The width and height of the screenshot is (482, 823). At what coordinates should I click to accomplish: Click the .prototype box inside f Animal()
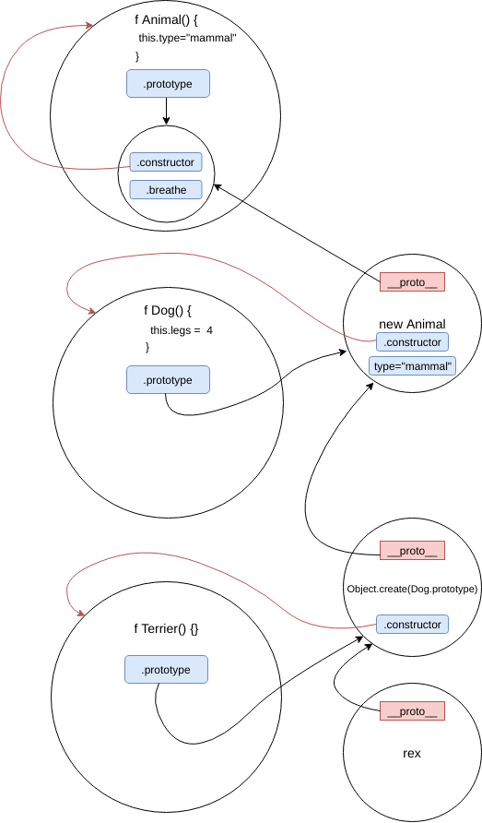(168, 84)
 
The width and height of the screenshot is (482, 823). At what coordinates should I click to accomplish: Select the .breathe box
(165, 190)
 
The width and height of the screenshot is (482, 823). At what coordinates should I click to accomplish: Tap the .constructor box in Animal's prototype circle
(166, 162)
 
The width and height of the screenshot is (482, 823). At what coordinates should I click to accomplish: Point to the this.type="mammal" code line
(187, 39)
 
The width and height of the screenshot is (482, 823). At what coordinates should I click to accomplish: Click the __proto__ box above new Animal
(412, 282)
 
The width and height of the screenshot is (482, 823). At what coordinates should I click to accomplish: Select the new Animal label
(412, 324)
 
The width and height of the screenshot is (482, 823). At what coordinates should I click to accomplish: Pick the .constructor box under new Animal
(412, 342)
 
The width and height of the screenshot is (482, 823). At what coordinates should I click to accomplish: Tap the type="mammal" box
(412, 367)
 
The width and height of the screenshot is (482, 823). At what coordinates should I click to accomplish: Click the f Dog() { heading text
(167, 310)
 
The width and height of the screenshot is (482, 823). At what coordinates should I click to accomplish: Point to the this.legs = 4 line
(182, 329)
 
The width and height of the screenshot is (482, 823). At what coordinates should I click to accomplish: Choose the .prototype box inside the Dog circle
(167, 380)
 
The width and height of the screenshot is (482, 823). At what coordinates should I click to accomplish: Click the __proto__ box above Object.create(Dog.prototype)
(412, 551)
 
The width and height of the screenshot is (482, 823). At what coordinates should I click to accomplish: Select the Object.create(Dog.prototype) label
(412, 589)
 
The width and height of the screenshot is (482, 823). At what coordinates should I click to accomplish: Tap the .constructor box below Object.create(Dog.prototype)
(412, 625)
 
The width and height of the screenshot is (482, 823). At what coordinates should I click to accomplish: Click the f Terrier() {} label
(166, 629)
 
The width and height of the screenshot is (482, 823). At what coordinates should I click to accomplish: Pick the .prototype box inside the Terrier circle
(166, 670)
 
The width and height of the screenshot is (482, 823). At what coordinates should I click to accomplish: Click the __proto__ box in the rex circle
(412, 711)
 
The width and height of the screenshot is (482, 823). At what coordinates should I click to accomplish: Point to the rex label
(412, 753)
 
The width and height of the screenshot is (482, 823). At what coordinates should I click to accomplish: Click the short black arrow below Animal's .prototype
(167, 111)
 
